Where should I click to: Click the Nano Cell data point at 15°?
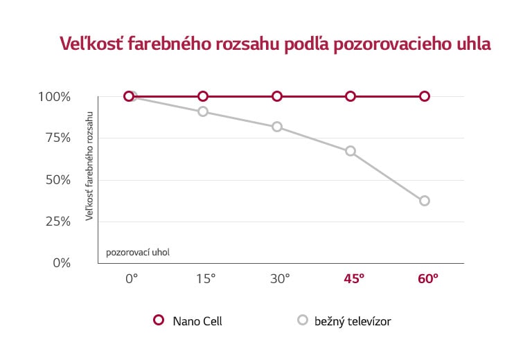(x=203, y=96)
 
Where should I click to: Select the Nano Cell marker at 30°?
(x=277, y=96)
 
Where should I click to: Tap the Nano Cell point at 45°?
(x=351, y=96)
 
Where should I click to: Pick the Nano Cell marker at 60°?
(x=425, y=96)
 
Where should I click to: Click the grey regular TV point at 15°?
(x=203, y=111)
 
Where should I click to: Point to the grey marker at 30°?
(x=277, y=127)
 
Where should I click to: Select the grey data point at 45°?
(x=351, y=151)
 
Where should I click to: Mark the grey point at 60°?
(x=425, y=201)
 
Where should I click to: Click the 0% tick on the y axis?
(x=62, y=263)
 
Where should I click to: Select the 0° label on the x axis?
(x=132, y=278)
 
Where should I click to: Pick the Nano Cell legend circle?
(x=158, y=321)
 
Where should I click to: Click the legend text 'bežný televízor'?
(x=353, y=321)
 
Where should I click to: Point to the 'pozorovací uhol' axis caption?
(x=138, y=252)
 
